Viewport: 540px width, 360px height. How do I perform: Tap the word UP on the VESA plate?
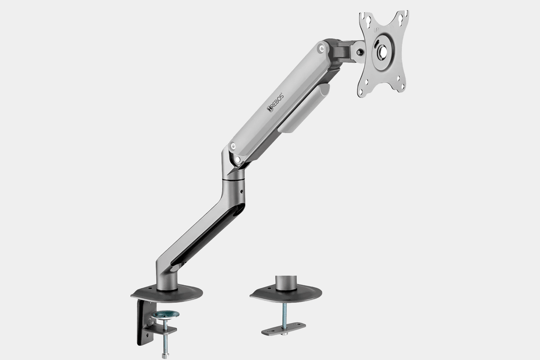(x=377, y=30)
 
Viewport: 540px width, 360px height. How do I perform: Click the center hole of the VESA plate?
(x=382, y=51)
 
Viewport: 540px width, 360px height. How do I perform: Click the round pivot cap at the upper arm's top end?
(x=321, y=49)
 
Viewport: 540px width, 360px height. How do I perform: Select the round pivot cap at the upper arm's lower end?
(x=232, y=146)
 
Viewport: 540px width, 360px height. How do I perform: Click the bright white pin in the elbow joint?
(x=238, y=159)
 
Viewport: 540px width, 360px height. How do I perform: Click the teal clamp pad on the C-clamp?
(x=165, y=314)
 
